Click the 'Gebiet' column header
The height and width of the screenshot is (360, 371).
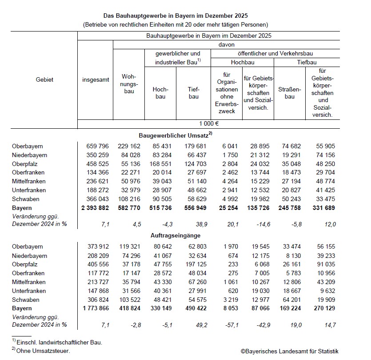44,80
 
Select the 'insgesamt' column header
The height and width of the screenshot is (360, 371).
95,80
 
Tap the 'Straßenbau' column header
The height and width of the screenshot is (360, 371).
289,93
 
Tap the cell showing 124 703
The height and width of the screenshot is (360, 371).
193,164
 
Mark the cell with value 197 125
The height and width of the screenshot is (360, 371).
193,264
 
